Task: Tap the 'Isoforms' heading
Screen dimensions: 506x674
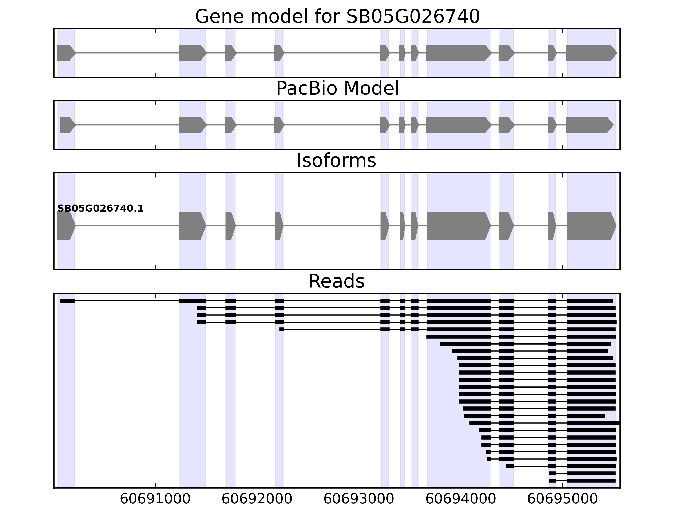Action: coord(336,161)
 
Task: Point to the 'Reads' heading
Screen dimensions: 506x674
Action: coord(336,281)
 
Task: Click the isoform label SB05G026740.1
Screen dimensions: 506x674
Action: coord(100,209)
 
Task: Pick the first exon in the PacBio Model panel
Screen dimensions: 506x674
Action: coord(67,125)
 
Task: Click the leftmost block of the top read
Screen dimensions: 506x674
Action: coord(67,301)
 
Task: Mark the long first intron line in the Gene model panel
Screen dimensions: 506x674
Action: coord(127,53)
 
